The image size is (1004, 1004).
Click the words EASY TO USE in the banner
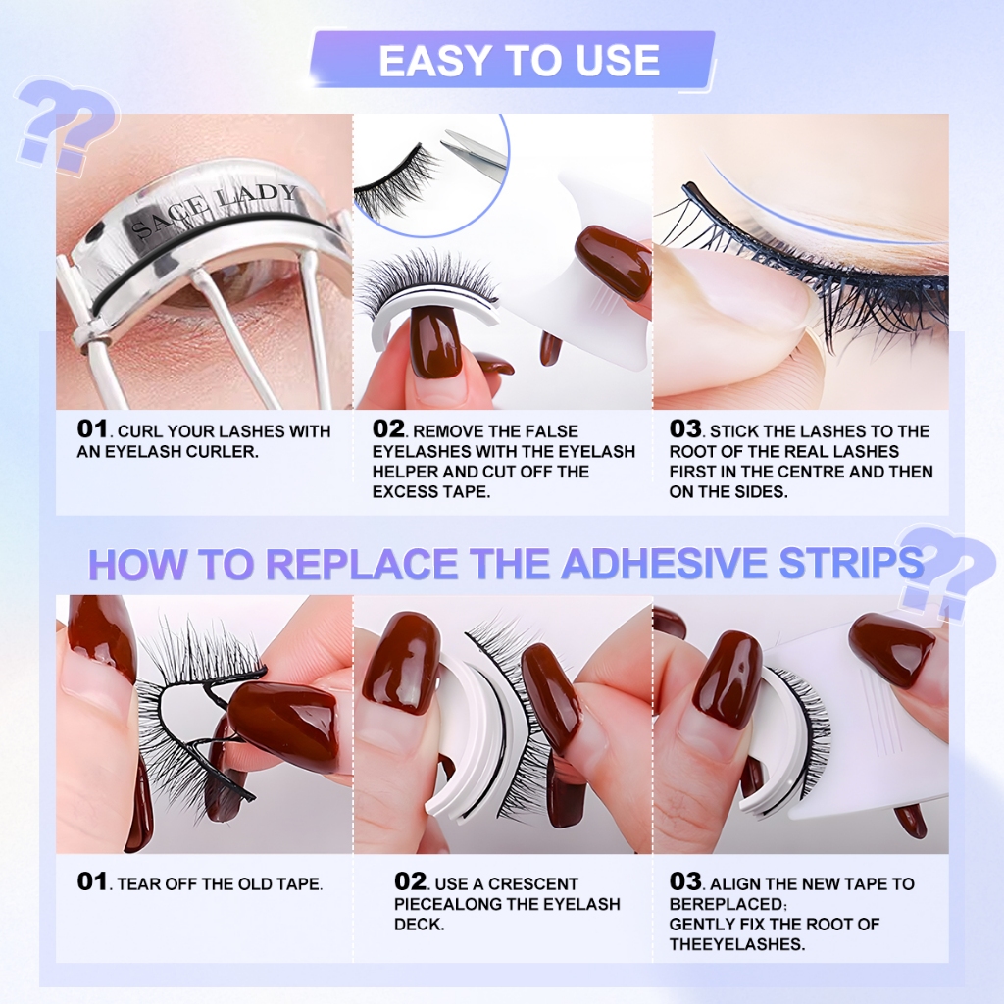click(520, 61)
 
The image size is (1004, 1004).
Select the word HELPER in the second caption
click(405, 472)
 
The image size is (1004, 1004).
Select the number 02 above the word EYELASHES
click(388, 428)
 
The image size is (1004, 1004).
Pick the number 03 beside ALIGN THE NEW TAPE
click(685, 881)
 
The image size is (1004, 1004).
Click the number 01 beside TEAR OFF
click(91, 881)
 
